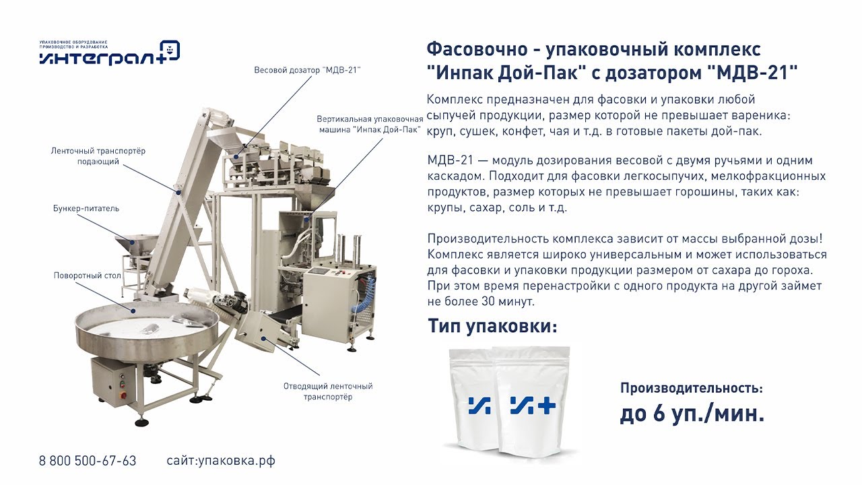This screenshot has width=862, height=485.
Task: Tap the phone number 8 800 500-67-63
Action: pyautogui.click(x=88, y=461)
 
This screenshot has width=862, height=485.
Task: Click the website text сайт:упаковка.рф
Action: pyautogui.click(x=221, y=461)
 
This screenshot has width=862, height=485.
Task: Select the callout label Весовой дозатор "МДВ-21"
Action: pyautogui.click(x=308, y=70)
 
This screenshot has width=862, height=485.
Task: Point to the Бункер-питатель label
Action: pyautogui.click(x=86, y=208)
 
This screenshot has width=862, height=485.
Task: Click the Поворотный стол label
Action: pyautogui.click(x=88, y=276)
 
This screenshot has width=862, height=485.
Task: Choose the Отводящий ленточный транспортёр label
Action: pyautogui.click(x=328, y=391)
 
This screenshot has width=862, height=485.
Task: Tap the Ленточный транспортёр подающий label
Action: pyautogui.click(x=98, y=156)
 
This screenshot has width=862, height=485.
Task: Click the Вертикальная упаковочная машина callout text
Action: pyautogui.click(x=370, y=124)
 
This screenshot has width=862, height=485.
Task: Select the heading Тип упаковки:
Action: pyautogui.click(x=492, y=326)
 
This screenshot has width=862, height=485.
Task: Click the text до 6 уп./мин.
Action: pyautogui.click(x=692, y=414)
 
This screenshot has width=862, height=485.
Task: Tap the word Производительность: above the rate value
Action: pyautogui.click(x=692, y=388)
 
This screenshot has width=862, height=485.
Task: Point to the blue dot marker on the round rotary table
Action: pyautogui.click(x=133, y=311)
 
